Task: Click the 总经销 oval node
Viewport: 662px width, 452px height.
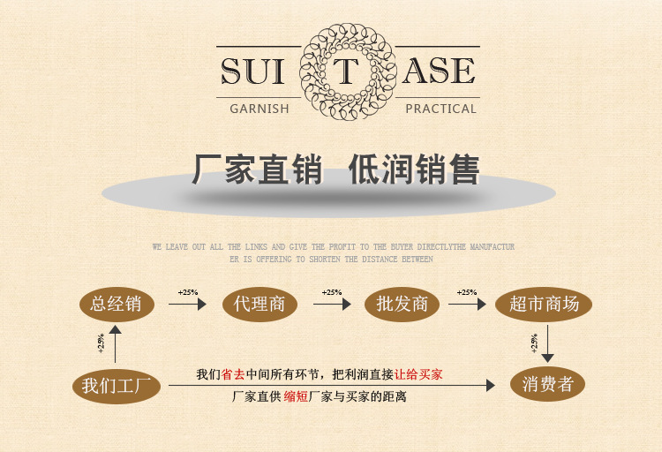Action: click(x=117, y=304)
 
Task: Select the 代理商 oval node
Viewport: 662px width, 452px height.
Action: click(x=260, y=304)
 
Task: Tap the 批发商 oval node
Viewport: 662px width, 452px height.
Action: click(x=402, y=304)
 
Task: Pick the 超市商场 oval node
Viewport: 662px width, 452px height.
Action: click(x=544, y=304)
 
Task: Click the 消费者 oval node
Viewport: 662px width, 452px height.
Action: click(x=547, y=384)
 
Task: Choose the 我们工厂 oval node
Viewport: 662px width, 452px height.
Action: click(x=117, y=386)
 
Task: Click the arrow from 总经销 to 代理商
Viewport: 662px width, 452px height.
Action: click(x=187, y=304)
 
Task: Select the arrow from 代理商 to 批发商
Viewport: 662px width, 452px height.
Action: click(x=332, y=304)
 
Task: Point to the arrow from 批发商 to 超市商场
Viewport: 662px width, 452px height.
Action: click(x=467, y=304)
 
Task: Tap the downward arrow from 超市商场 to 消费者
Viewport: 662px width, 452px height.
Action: click(x=547, y=343)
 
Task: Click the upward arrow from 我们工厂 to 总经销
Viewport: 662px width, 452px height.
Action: click(x=116, y=344)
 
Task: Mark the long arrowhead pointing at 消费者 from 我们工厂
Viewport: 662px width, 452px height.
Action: click(x=491, y=385)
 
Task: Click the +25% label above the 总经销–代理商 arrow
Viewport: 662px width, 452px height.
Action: click(x=188, y=292)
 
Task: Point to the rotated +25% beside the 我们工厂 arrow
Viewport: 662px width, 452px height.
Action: click(x=101, y=343)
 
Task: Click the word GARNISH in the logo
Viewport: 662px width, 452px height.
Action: click(x=260, y=109)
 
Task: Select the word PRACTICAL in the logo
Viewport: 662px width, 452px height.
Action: click(x=440, y=109)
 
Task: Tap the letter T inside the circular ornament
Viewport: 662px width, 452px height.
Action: click(x=346, y=72)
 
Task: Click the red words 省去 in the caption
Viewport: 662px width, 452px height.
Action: click(x=233, y=374)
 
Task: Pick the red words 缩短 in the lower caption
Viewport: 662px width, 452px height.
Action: click(x=296, y=396)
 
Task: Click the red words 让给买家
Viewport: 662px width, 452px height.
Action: click(x=418, y=374)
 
